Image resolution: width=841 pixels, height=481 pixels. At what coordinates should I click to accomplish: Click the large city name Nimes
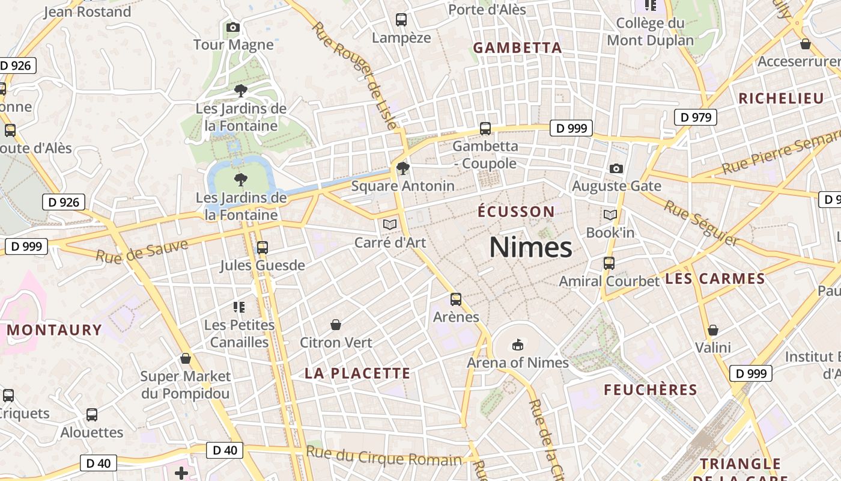click(530, 247)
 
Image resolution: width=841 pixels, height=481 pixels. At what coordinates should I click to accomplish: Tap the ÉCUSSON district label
click(516, 212)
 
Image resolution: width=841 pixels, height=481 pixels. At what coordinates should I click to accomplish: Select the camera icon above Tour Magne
click(233, 27)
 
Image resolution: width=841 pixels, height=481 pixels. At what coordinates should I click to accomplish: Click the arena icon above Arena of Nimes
click(518, 345)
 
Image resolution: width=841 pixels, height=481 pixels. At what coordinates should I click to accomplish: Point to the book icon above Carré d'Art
click(390, 224)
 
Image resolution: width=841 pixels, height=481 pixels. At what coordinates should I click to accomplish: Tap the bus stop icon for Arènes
click(456, 299)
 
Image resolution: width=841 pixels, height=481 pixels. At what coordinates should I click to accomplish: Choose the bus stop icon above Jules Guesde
click(262, 247)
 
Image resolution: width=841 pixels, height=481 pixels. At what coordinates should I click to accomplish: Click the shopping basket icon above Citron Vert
click(336, 325)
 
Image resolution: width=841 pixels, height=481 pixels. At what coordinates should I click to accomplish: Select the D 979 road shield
click(696, 117)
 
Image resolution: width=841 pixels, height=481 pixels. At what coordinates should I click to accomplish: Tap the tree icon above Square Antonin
click(402, 168)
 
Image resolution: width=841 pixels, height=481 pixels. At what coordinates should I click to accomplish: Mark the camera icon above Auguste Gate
click(616, 168)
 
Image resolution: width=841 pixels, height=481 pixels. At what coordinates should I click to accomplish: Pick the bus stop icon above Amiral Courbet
click(609, 263)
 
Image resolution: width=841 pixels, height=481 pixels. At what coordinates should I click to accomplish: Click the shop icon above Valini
click(713, 330)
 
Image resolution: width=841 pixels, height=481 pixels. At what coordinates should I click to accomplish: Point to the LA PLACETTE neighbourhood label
click(357, 373)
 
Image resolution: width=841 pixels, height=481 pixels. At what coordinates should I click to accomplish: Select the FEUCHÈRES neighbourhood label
click(651, 390)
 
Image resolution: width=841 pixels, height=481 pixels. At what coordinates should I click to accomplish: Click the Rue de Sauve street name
click(142, 250)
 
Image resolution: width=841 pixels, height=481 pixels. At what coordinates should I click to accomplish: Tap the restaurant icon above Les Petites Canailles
click(239, 307)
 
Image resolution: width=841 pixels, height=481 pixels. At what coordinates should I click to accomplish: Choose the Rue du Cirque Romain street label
click(384, 456)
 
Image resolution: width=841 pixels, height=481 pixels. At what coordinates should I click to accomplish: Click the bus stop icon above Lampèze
click(401, 20)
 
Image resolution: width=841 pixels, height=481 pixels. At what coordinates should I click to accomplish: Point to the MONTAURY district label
click(55, 330)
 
